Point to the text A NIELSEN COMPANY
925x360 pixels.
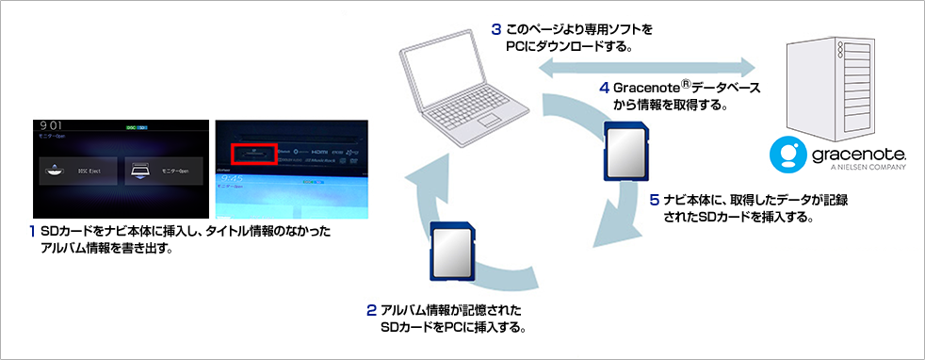coord(867,170)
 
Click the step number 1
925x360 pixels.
coord(32,231)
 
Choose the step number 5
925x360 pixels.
coord(654,201)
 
